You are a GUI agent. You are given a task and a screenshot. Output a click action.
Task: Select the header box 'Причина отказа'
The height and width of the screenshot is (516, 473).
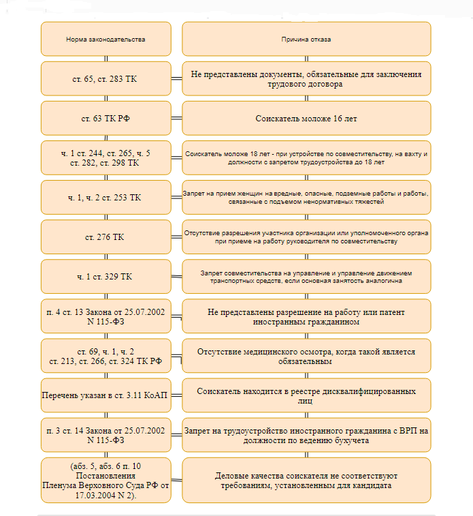coord(306,39)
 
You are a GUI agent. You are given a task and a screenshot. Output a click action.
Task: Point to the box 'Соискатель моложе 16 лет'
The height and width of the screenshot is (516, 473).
coord(306,118)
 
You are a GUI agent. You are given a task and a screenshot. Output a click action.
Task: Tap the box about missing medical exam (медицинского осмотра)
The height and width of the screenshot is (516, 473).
coord(306,356)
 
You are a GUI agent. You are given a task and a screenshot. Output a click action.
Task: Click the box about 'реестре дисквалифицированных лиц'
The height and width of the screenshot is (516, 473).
coord(306,395)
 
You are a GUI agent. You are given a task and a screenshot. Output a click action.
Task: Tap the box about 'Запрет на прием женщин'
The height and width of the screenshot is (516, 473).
coord(306,197)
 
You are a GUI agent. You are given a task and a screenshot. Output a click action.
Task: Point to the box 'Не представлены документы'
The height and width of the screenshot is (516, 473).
coord(306,78)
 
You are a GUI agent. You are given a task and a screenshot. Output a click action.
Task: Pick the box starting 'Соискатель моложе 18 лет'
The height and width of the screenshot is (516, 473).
coord(306,157)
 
